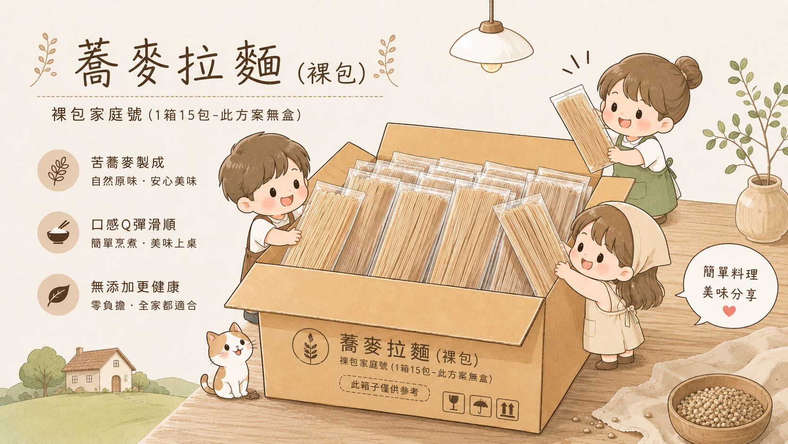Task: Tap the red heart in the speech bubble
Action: (x=729, y=311)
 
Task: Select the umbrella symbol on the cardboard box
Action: (x=480, y=406)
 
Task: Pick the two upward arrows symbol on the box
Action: (x=507, y=410)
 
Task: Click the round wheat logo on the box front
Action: (x=310, y=346)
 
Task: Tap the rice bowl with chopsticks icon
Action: (x=58, y=233)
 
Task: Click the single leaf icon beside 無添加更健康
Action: (x=58, y=295)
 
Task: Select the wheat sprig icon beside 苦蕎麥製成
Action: (x=58, y=170)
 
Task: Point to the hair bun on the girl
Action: (x=688, y=73)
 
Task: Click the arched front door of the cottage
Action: (x=116, y=384)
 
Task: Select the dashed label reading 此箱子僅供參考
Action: (x=385, y=388)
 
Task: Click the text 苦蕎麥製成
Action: (x=128, y=163)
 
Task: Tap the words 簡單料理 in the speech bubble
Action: (x=731, y=273)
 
